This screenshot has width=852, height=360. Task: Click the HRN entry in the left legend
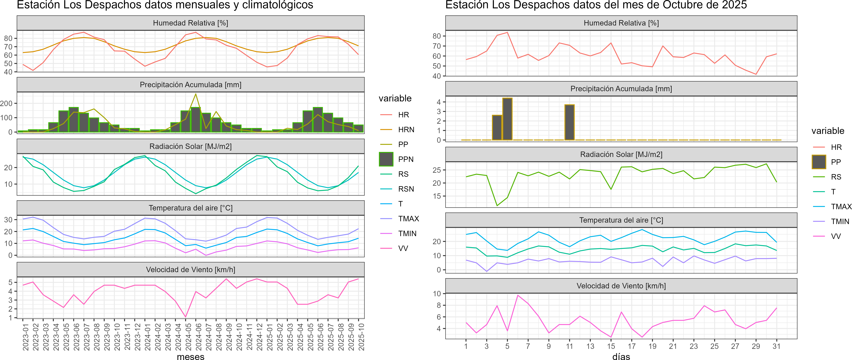[406, 130]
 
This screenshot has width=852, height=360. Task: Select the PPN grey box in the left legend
[386, 159]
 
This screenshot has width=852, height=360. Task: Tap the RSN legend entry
[406, 189]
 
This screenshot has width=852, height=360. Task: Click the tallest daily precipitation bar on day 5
[507, 119]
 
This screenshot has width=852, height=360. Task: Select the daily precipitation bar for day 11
[569, 122]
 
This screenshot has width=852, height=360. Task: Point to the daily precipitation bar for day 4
[497, 128]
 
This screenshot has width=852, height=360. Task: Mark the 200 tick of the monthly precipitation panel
[6, 104]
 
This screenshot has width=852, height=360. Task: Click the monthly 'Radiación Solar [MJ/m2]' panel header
[190, 146]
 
